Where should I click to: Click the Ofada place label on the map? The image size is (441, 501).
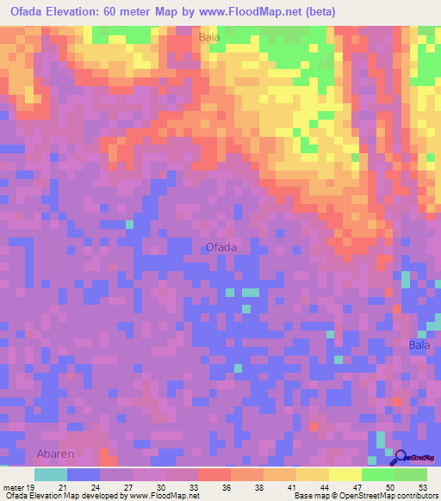[x=221, y=247]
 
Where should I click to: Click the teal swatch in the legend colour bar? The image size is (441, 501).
[x=51, y=474]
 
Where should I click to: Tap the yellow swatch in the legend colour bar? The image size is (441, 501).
[x=345, y=474]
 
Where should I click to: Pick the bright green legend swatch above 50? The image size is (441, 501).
[x=377, y=474]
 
